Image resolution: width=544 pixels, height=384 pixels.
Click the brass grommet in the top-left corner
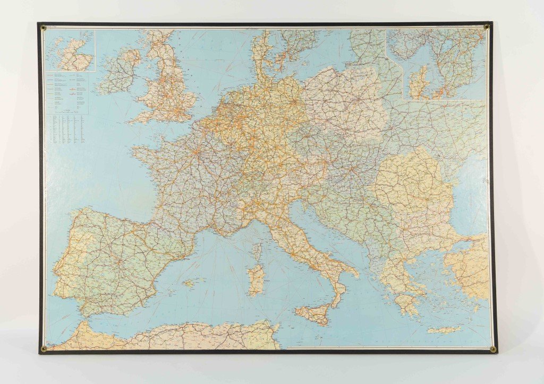(x=43, y=28)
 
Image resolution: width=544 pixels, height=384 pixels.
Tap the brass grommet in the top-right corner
(x=486, y=26)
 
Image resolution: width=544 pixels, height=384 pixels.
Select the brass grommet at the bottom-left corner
(x=44, y=348)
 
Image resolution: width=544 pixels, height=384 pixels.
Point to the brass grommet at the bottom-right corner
(x=492, y=349)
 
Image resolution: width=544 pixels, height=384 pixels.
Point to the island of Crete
(x=444, y=330)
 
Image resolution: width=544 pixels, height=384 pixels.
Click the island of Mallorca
(x=189, y=283)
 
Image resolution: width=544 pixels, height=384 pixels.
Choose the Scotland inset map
(x=70, y=50)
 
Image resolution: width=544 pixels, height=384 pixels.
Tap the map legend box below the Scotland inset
(x=70, y=92)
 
